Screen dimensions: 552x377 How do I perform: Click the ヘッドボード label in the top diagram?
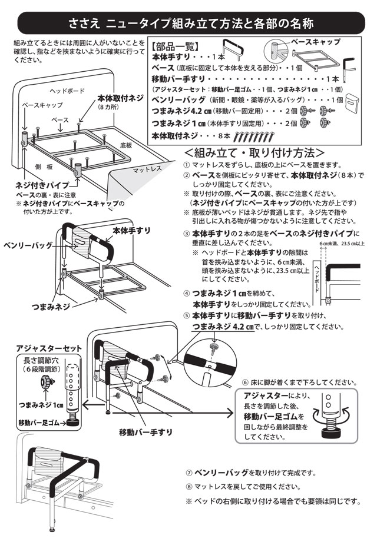(67, 91)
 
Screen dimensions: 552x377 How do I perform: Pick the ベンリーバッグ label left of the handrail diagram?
(28, 244)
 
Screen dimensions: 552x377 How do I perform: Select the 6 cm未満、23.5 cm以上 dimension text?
(341, 242)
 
